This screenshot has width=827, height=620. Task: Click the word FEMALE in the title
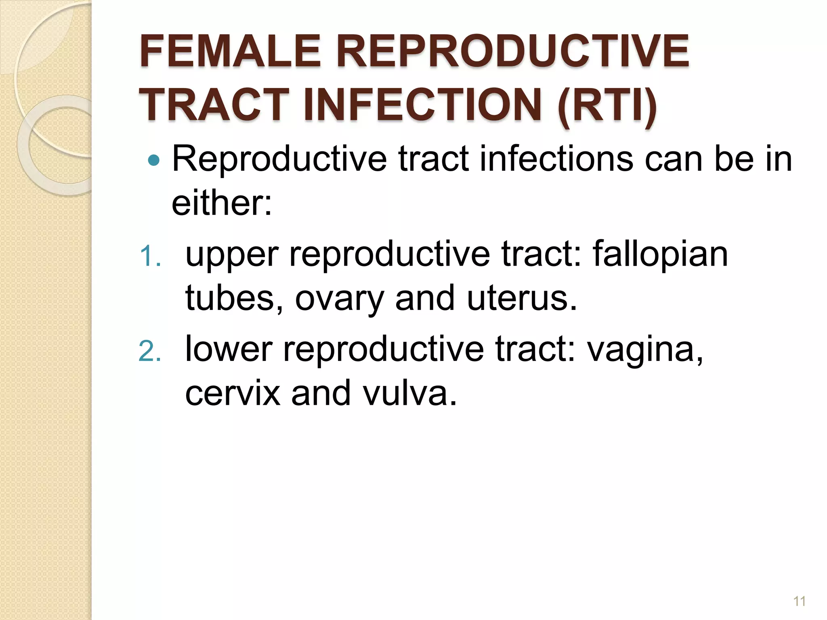tap(230, 52)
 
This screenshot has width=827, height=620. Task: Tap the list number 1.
tap(150, 257)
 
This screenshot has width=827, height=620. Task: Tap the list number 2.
tap(150, 351)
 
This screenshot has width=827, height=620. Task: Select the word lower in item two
tap(229, 350)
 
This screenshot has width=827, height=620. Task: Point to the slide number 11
tap(799, 601)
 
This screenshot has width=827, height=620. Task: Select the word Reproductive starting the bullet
tap(279, 160)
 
